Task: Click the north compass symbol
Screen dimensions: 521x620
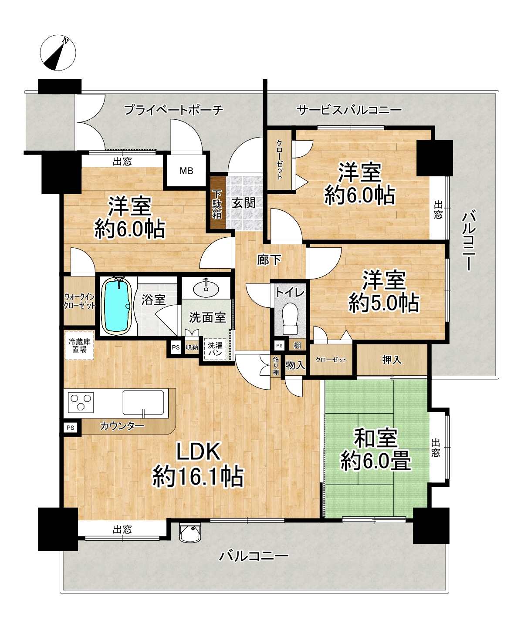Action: coord(58,53)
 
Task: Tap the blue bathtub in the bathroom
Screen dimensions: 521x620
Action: coord(117,306)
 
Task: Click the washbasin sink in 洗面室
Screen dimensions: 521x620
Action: coord(206,288)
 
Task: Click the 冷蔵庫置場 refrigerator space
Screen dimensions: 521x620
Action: coord(80,345)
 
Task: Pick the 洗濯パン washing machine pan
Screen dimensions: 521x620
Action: coord(215,349)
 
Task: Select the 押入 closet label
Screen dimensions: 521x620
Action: coord(392,360)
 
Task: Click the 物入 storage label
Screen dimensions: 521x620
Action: coord(295,365)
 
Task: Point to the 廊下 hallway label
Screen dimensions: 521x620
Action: coord(269,260)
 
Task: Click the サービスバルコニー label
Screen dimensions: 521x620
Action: coord(349,110)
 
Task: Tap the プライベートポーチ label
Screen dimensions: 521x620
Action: coord(173,110)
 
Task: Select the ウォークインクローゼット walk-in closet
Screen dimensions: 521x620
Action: coord(79,301)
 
